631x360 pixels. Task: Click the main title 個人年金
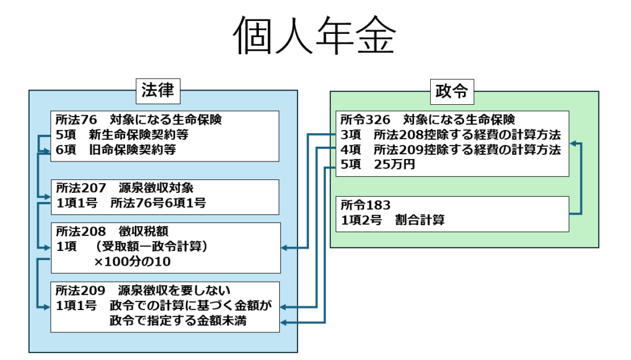(314, 36)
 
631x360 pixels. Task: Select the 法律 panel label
(158, 91)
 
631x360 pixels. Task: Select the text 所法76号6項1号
(158, 203)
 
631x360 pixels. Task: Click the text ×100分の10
(132, 262)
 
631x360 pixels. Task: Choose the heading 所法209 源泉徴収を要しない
(142, 290)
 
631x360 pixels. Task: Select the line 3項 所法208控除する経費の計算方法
(450, 135)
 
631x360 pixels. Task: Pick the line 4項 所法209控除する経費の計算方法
(450, 150)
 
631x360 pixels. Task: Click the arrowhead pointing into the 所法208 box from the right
(285, 248)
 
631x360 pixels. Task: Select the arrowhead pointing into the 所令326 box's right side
(572, 143)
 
